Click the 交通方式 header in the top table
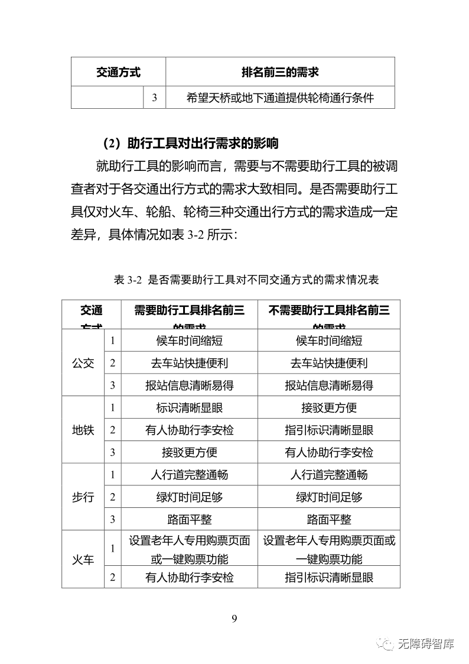pos(118,72)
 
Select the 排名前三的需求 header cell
pos(280,72)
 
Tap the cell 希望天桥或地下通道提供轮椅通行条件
pos(280,98)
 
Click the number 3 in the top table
pos(154,98)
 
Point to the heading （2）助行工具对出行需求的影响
pos(190,143)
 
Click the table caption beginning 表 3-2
pos(246,280)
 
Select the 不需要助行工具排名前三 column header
pos(329,310)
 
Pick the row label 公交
pos(83,363)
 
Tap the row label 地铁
pos(83,430)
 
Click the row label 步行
pos(83,497)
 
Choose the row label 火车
pos(83,559)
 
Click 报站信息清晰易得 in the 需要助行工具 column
pos(190,386)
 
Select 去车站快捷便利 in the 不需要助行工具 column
pos(329,363)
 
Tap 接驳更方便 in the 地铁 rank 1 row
pos(329,408)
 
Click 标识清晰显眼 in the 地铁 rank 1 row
pos(190,408)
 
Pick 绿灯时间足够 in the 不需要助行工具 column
pos(329,497)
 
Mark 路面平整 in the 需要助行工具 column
pos(190,520)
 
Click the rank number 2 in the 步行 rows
pos(112,497)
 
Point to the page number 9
pos(234,618)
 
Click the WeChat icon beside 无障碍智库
pos(387,644)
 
